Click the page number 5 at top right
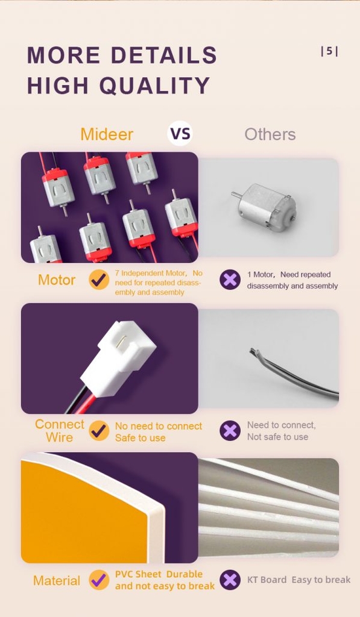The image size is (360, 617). [329, 51]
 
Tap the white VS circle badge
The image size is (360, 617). [180, 133]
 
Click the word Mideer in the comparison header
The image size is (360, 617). [107, 134]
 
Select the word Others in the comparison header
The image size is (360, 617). [270, 134]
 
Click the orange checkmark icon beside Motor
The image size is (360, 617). [99, 280]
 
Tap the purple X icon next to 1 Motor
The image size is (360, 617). [230, 280]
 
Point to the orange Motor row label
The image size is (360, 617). [57, 280]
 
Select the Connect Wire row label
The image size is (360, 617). [60, 430]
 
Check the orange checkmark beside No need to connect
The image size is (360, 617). [99, 430]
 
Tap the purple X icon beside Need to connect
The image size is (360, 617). [230, 430]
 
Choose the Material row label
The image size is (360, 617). [57, 580]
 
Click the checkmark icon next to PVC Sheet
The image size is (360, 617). [99, 580]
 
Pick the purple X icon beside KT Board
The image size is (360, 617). [230, 580]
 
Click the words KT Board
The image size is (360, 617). [267, 580]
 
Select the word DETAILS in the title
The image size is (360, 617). [164, 55]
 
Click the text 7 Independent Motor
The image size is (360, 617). [151, 273]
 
